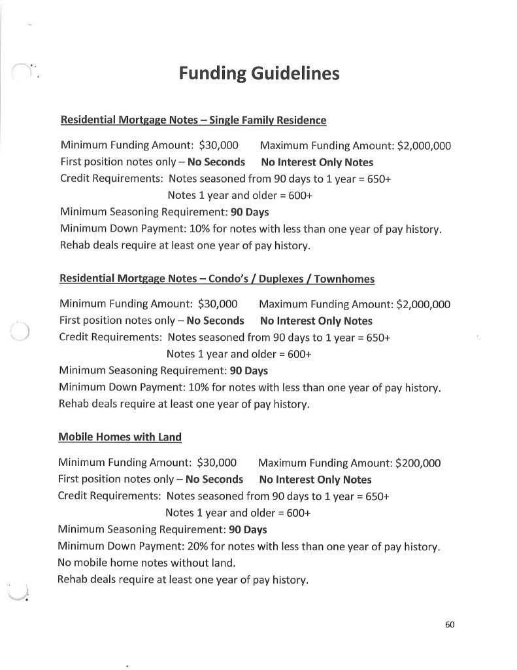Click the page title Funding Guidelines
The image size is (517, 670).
(x=259, y=73)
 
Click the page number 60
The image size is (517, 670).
(x=450, y=624)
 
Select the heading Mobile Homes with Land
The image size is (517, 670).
(x=120, y=437)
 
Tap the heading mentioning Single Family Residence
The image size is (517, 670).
(x=193, y=120)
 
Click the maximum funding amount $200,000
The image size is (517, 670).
(x=418, y=463)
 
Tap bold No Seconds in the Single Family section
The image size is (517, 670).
(x=216, y=162)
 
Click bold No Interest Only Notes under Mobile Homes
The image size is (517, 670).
(x=315, y=480)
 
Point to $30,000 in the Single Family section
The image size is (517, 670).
(x=218, y=145)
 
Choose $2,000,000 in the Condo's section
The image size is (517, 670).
(x=423, y=304)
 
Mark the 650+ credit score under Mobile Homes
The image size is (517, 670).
(x=377, y=496)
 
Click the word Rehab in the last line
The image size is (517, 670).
(x=74, y=580)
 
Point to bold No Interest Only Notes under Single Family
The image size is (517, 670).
(x=317, y=162)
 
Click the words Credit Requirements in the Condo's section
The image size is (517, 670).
(x=110, y=338)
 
